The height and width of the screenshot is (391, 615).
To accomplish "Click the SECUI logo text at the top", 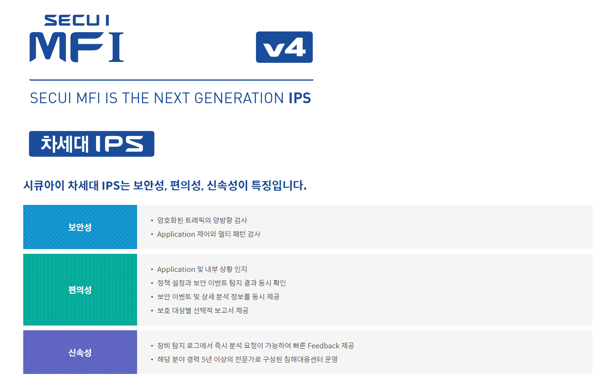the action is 77,20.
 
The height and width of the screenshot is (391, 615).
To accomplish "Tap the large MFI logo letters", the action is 77,47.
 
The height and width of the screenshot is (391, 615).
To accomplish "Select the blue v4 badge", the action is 284,47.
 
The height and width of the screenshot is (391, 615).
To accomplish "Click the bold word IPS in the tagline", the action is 300,98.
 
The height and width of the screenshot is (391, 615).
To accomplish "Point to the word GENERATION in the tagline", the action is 239,98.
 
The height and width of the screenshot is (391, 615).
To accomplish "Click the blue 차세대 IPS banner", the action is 92,144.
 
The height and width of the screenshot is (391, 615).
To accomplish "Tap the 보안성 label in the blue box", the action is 80,227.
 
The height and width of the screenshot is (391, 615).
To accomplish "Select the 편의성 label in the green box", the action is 80,290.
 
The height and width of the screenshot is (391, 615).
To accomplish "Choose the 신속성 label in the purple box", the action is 80,353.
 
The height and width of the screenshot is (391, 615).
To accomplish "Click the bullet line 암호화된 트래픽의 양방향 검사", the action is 202,220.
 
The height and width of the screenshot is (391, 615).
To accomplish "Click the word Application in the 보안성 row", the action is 176,234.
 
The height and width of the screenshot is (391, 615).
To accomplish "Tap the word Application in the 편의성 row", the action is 176,269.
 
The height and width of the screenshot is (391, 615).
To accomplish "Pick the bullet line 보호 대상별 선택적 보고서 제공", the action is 203,310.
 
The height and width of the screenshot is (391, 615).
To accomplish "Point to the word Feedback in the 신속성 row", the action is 324,346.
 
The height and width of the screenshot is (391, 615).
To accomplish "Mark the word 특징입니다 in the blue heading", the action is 279,185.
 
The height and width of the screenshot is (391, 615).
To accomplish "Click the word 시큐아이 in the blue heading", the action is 44,185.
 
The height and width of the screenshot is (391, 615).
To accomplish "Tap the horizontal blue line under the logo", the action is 171,80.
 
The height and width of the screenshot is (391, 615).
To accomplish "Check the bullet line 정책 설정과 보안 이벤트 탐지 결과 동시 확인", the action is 221,283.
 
